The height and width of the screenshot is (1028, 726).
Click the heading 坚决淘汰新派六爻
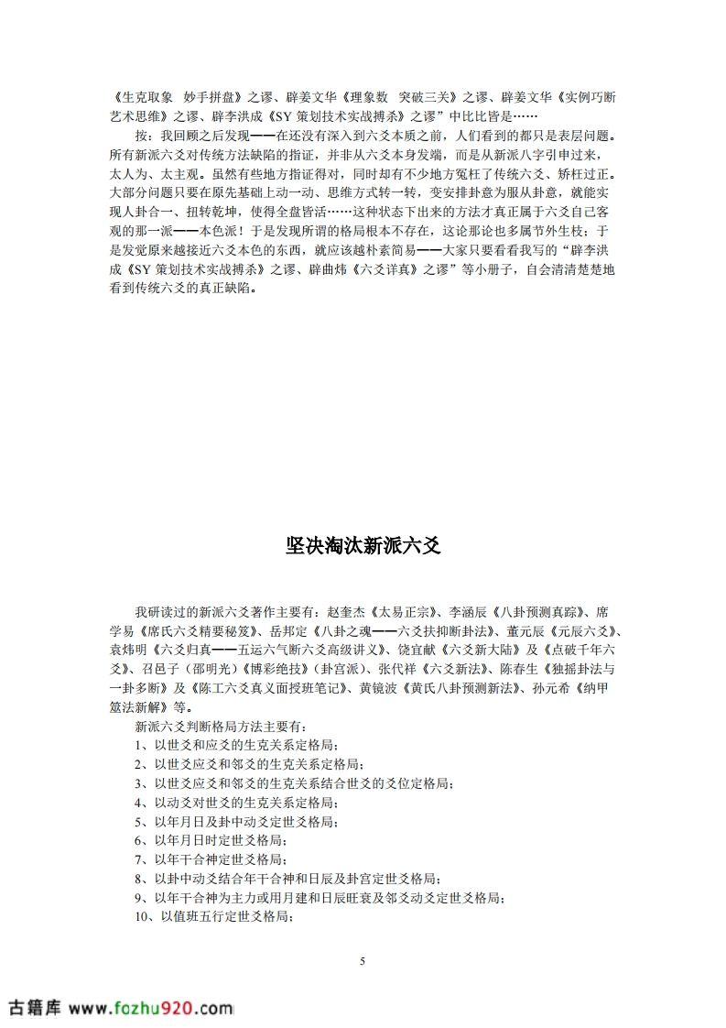(363, 547)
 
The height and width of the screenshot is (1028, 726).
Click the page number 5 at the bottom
(363, 961)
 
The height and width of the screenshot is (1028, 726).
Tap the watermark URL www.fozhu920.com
(150, 1008)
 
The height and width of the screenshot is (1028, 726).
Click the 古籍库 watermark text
(34, 1008)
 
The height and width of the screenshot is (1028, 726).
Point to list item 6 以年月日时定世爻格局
(210, 839)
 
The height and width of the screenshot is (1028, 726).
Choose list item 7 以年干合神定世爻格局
(210, 858)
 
